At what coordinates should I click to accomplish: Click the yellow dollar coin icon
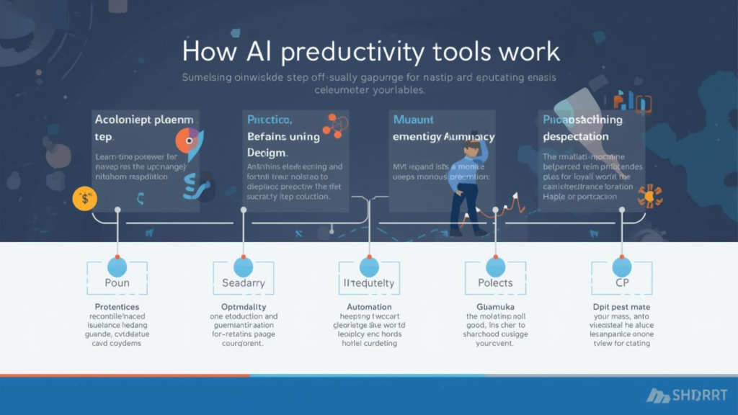[85, 198]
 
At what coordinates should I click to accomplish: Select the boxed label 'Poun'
[117, 283]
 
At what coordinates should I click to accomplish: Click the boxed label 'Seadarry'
[244, 283]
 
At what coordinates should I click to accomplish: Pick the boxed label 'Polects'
[496, 283]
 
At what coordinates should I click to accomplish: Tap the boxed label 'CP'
[622, 283]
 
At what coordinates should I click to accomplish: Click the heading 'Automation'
[369, 307]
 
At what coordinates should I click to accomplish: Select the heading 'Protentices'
[117, 307]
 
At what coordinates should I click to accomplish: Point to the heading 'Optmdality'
[244, 307]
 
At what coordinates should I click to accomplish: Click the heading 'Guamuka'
[496, 307]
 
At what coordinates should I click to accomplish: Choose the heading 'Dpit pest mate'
[622, 307]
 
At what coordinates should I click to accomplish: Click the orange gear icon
[649, 195]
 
